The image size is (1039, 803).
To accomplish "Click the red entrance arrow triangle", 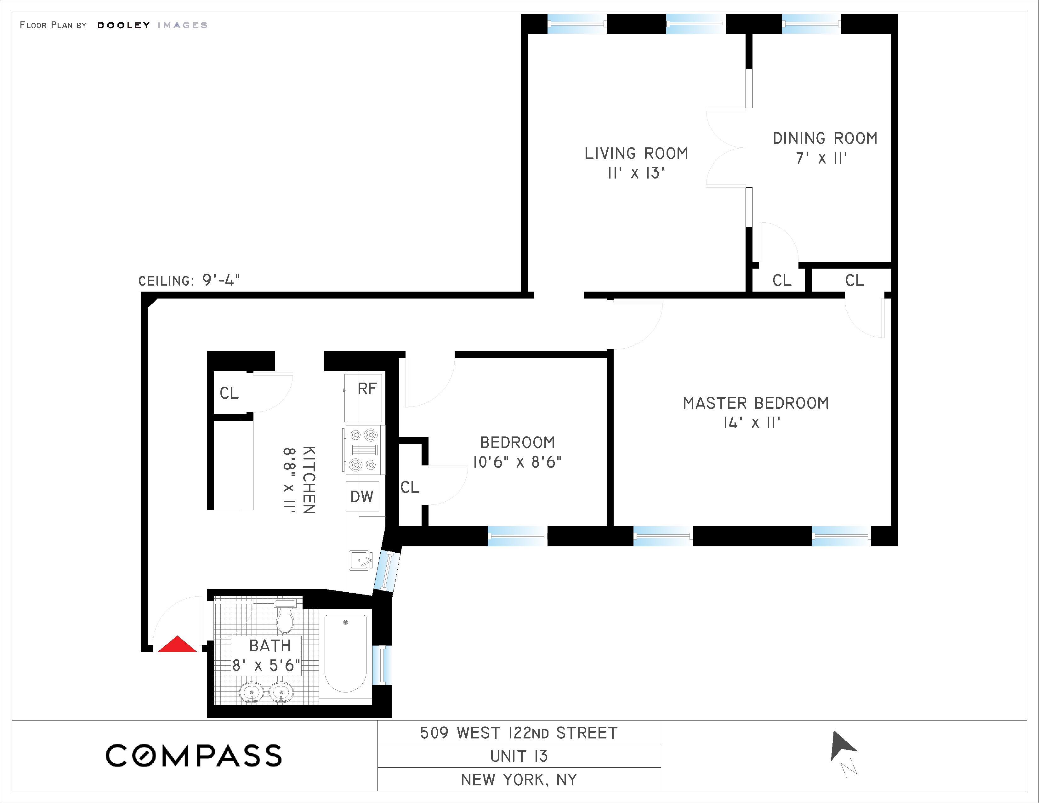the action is [177, 645].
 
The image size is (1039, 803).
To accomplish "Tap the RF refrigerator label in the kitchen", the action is [367, 389].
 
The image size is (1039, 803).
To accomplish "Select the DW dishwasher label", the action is [361, 497].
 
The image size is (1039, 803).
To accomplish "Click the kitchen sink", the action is [361, 560].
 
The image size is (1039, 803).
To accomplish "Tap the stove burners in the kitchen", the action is [363, 450].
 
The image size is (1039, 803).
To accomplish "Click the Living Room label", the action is [636, 154].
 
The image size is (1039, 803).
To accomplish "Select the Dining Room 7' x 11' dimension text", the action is [821, 158].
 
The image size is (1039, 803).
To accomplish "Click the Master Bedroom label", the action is [755, 403].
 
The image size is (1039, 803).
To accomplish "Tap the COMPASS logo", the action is [194, 755].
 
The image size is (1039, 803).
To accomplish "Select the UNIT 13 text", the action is [519, 756].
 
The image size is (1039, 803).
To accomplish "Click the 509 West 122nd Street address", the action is [519, 733].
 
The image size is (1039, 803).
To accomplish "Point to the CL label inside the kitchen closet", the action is [229, 393].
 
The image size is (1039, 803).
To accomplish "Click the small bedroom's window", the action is [517, 536].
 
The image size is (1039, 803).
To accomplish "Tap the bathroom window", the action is [382, 664].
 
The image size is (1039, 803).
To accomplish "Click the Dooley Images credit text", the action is [152, 25].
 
